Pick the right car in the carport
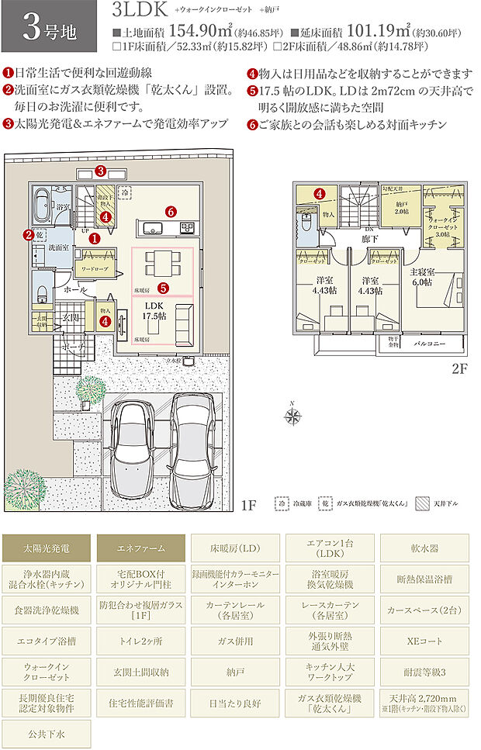tap(189, 441)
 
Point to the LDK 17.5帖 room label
tap(154, 311)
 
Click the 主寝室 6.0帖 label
tap(423, 277)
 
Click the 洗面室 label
tap(61, 247)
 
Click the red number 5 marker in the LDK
tap(163, 287)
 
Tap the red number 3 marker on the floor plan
tap(100, 171)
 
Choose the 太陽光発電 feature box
tap(46, 548)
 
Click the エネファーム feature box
tap(140, 548)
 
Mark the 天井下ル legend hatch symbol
tap(424, 502)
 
